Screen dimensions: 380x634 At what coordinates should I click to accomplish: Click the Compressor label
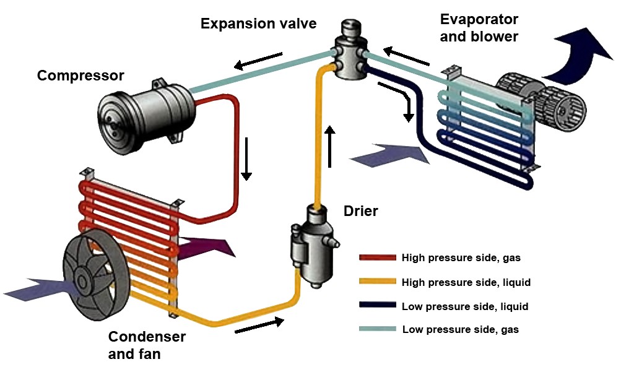[80, 76]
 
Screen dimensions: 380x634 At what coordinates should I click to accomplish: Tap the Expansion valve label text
[258, 24]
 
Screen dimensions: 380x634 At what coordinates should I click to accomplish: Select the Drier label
[360, 211]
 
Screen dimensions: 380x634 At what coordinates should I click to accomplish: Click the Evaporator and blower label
[479, 28]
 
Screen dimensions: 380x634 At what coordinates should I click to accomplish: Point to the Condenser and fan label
[147, 345]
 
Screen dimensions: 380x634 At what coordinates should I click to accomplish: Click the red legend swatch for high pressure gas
[377, 257]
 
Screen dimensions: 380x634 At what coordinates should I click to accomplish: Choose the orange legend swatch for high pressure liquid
[377, 282]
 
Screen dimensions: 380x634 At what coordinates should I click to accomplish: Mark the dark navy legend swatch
[377, 306]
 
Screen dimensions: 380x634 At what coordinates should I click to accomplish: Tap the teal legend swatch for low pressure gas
[377, 329]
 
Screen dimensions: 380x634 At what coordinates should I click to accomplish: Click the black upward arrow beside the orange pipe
[331, 146]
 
